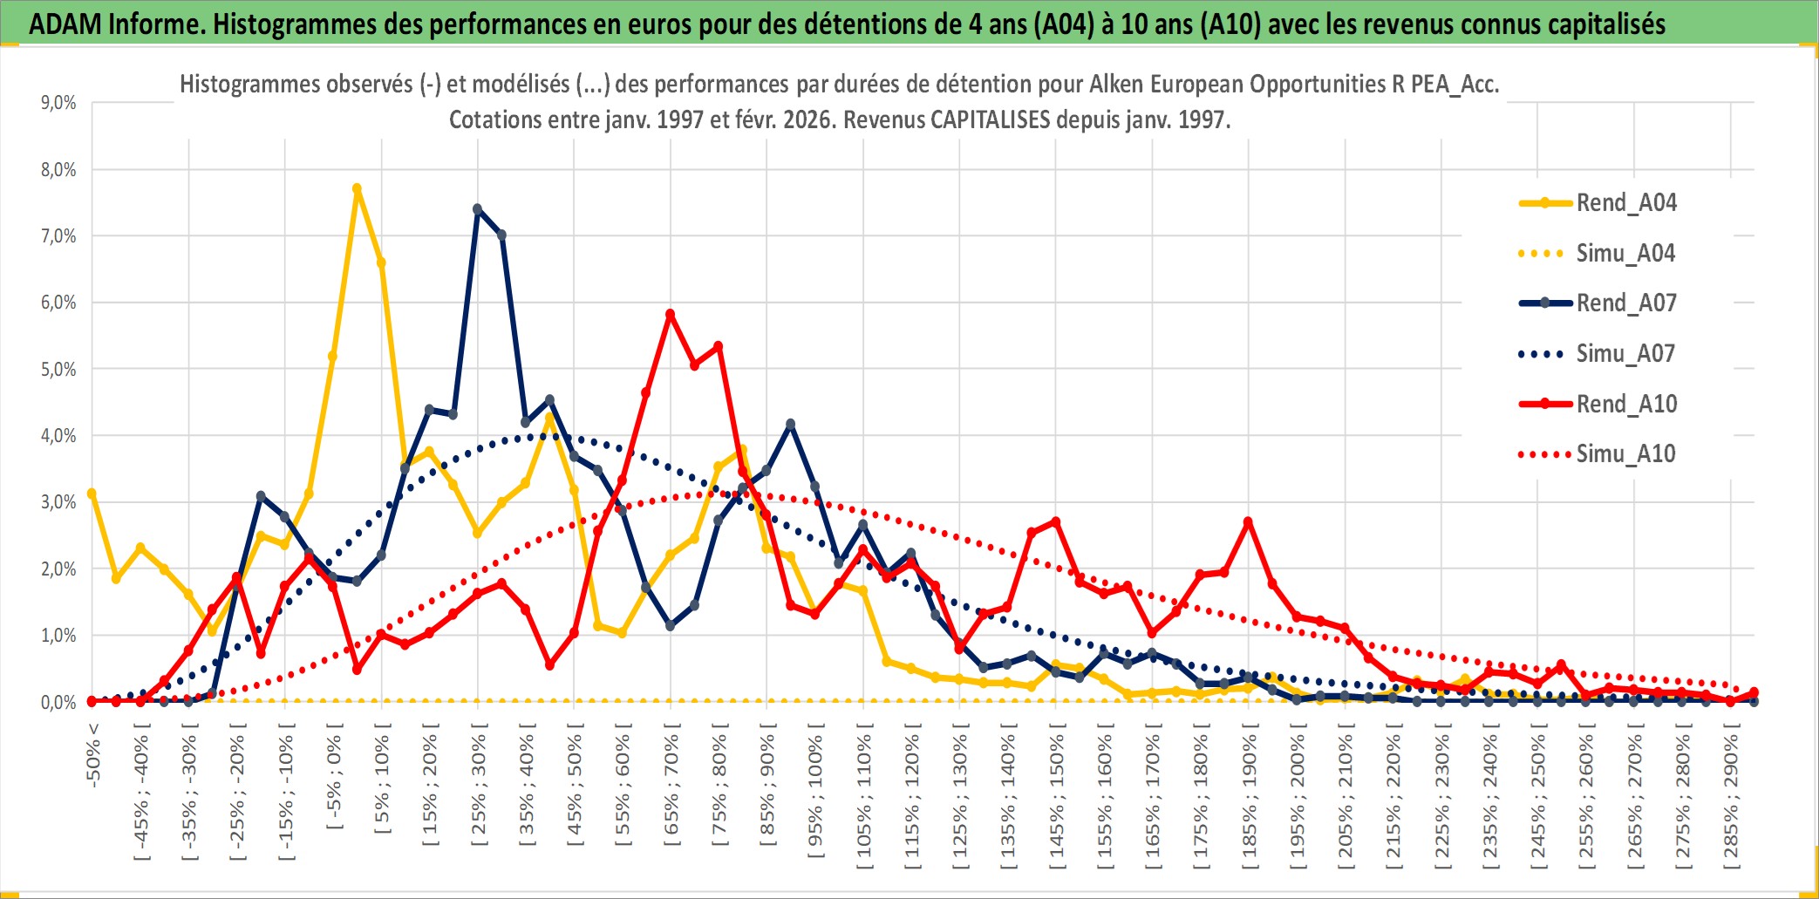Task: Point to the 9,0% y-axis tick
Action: coord(58,103)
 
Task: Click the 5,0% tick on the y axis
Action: coord(58,370)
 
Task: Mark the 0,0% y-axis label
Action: coord(58,703)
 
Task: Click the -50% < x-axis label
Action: coord(93,755)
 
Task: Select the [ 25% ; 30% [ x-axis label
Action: coord(479,790)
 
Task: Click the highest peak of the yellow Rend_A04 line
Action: coord(357,188)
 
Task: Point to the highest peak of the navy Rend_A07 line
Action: coord(477,209)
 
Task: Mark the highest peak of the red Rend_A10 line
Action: coord(670,314)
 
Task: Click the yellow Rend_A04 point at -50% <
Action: coord(92,494)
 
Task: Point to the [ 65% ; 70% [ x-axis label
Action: coord(671,790)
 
